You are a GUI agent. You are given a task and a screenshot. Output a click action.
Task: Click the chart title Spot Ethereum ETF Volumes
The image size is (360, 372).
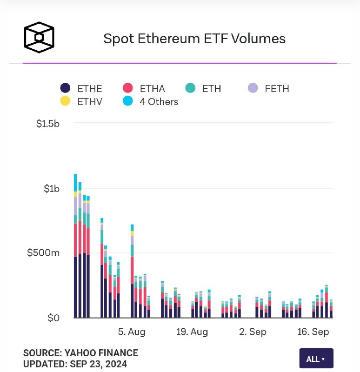coord(194,39)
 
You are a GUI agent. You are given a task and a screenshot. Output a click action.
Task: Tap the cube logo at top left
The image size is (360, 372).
coord(39,37)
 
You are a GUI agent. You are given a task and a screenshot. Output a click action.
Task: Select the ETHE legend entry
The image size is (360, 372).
coord(81,88)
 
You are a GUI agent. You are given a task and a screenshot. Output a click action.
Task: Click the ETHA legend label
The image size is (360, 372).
coord(153,89)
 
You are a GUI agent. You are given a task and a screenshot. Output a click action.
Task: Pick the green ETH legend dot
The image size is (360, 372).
coord(190,88)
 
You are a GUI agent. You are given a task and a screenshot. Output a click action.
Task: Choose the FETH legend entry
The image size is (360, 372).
coord(268,88)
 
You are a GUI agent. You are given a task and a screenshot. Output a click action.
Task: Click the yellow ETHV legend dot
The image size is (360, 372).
coord(65,101)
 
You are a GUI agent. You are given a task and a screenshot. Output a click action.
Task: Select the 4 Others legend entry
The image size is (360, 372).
coord(150,101)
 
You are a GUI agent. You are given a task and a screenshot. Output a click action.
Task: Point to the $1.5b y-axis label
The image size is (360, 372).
coord(48,124)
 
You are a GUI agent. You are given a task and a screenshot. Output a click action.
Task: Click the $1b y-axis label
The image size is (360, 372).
coord(52,189)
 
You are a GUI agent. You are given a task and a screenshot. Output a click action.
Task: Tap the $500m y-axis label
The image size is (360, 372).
coord(43,252)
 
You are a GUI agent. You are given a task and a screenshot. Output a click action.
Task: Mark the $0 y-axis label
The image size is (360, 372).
coord(53,318)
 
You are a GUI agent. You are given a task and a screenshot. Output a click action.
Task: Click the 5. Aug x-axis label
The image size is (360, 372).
coord(132,332)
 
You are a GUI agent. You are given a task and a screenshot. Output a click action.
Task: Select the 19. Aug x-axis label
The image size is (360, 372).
coord(192,332)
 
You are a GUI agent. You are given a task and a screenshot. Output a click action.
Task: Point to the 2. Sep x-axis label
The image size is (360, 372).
coord(253,332)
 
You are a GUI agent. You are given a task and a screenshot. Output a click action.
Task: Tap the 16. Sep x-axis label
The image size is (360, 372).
coord(313,332)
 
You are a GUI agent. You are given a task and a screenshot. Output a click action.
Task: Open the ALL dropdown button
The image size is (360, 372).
coord(316,359)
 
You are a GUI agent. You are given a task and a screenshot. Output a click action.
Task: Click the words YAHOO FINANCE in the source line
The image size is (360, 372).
coord(101,353)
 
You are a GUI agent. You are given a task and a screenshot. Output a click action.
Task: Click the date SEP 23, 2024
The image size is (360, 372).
coord(99,364)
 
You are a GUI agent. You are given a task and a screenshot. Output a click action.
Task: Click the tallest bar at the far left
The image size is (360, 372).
coord(75,246)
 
